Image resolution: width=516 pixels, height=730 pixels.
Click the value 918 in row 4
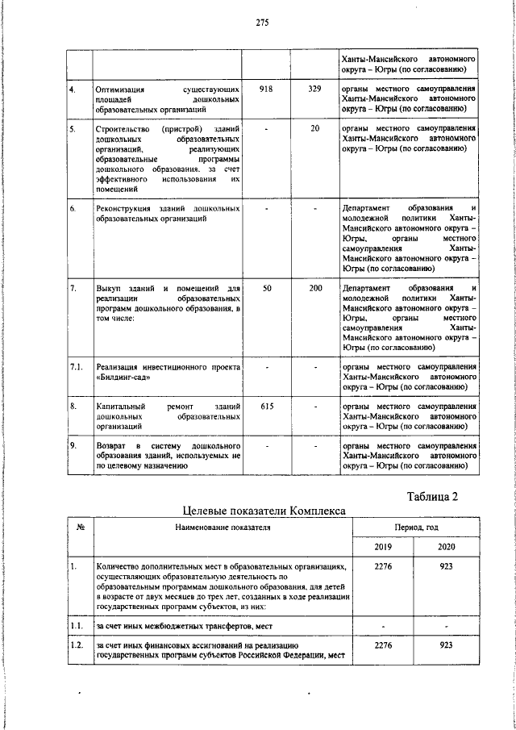click(x=266, y=88)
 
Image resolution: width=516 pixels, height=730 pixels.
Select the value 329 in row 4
click(x=314, y=88)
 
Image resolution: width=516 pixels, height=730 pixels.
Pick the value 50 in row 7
click(x=266, y=288)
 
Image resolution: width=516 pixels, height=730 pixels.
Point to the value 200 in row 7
click(x=314, y=288)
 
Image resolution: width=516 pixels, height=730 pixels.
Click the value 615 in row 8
click(x=266, y=407)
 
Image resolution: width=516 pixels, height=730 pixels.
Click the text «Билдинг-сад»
click(x=122, y=378)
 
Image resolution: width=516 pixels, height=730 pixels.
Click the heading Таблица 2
click(x=430, y=496)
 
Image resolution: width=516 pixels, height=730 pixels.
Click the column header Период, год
click(x=414, y=528)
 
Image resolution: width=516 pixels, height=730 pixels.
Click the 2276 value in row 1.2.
click(x=383, y=646)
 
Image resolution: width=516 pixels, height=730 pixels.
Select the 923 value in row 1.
click(x=446, y=567)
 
